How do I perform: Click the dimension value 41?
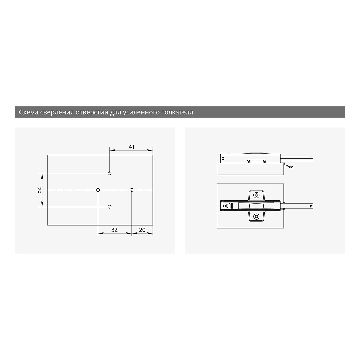click(x=131, y=147)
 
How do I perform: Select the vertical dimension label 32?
click(x=39, y=190)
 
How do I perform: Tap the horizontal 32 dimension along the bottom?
click(x=114, y=230)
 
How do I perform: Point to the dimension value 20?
click(x=142, y=230)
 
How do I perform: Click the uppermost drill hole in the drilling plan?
click(x=110, y=173)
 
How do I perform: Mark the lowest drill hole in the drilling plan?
click(x=110, y=207)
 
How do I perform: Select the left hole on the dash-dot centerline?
click(x=98, y=190)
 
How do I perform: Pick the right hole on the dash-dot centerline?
click(x=132, y=190)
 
